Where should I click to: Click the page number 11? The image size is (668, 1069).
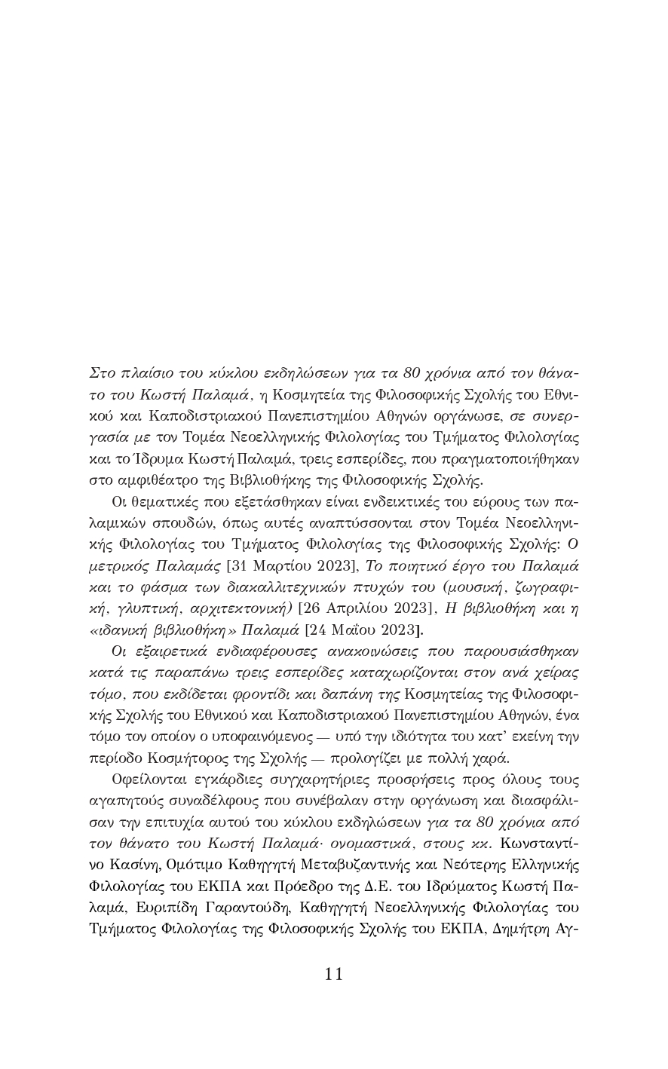pos(334,974)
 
